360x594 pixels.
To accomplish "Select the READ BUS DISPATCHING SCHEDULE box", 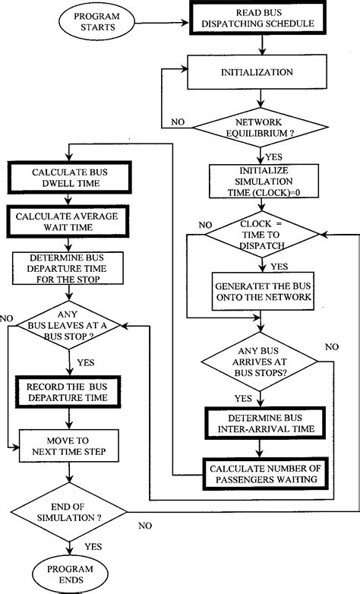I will tap(262, 20).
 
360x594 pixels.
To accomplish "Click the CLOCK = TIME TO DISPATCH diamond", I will tap(262, 237).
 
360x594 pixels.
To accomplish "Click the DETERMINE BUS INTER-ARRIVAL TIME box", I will tap(262, 424).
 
